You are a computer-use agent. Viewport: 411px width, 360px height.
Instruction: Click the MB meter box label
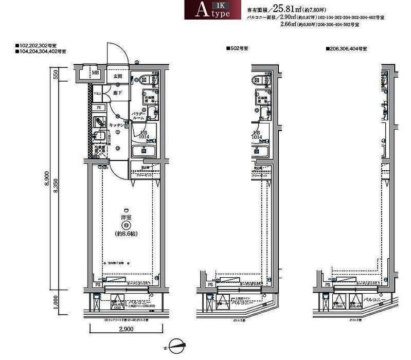pos(95,73)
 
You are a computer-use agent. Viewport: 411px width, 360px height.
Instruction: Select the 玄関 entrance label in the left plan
pos(117,77)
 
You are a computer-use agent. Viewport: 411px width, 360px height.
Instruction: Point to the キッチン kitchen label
pos(116,125)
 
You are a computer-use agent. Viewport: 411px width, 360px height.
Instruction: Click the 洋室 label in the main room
pos(123,217)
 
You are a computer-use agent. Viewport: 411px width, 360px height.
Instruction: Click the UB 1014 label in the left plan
pos(145,135)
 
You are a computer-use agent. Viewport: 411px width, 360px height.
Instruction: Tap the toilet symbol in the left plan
pos(144,79)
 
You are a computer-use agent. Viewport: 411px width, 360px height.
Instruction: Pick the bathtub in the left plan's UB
pos(145,151)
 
